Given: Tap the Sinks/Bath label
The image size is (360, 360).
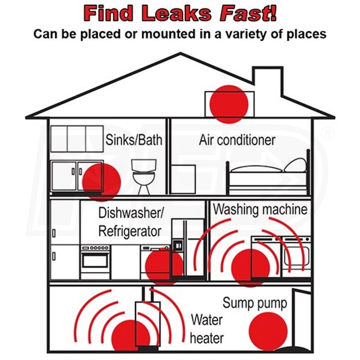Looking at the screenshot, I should coord(133,140).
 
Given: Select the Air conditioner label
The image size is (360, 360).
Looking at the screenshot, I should coord(237,140).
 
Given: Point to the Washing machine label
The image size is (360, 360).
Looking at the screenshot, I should coord(260,209).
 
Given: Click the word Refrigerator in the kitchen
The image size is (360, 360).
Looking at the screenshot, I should coord(130,231).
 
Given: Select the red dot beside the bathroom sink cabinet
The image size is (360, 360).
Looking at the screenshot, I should coord(101,181).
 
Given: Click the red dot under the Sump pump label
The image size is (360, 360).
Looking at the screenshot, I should coord(266,331).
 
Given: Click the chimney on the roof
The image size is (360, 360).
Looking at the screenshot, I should coord(263,77).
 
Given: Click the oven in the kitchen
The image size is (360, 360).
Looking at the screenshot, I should coord(95,261).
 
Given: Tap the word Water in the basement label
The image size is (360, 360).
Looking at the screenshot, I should coord(206,319).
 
